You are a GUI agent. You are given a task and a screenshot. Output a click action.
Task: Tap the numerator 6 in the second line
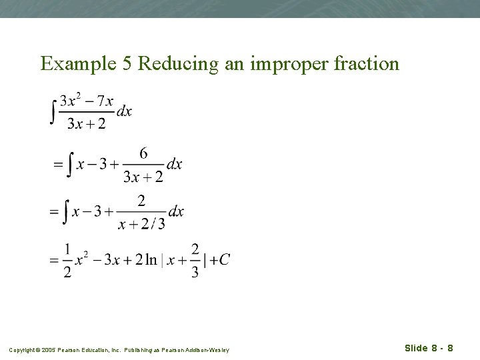(144, 153)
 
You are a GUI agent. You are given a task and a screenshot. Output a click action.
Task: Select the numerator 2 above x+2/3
(141, 201)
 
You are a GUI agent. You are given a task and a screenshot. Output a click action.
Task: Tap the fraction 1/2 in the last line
(67, 260)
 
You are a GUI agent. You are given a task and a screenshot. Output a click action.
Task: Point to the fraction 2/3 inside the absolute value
(195, 260)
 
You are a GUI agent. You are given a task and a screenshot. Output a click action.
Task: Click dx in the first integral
(124, 111)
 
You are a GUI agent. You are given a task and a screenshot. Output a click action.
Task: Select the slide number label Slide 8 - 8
(429, 348)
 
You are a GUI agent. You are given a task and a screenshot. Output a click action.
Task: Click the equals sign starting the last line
(54, 261)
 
